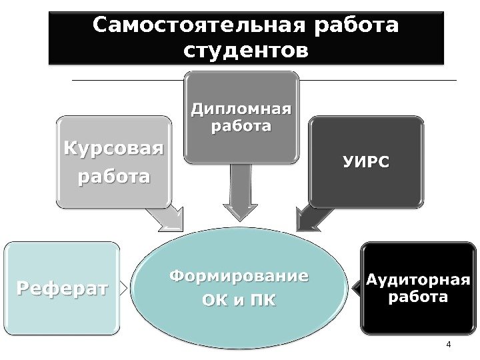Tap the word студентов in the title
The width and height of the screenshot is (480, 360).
pos(246,51)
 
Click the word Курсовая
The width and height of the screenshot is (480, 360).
pos(113,148)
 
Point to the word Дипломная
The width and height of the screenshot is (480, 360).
pos(241,108)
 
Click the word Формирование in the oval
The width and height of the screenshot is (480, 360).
pos(239,275)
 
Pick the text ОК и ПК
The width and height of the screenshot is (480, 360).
pos(239,300)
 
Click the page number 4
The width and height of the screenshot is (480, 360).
pos(448,345)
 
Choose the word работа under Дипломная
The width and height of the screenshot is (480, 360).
pos(241,125)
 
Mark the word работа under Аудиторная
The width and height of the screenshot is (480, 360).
pos(418,297)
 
